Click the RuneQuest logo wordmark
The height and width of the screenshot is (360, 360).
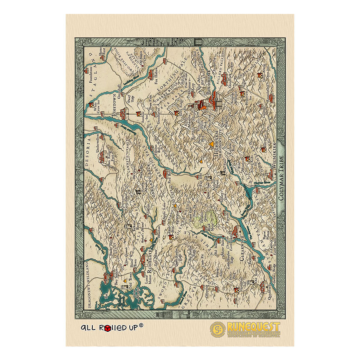[x=254, y=327]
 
